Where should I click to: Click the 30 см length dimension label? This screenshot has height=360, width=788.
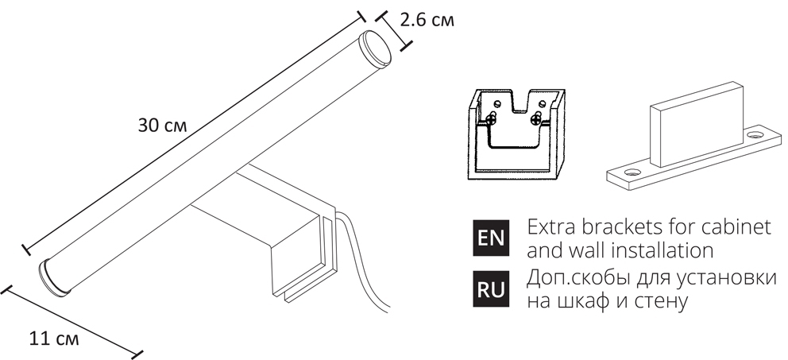pyautogui.click(x=161, y=126)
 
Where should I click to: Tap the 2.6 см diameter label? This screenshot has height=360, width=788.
pyautogui.click(x=427, y=21)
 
